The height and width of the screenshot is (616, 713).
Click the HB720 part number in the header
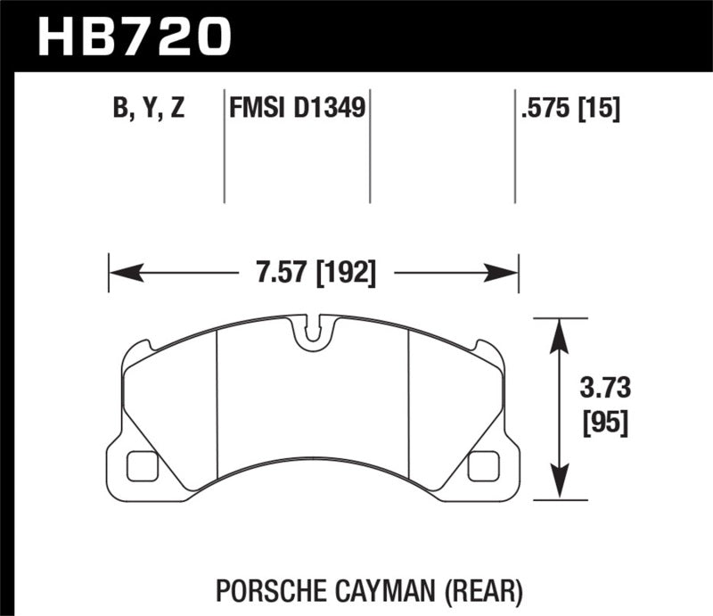point(134,37)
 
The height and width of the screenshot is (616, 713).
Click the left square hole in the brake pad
point(141,464)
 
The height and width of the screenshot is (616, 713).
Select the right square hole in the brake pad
point(483,464)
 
